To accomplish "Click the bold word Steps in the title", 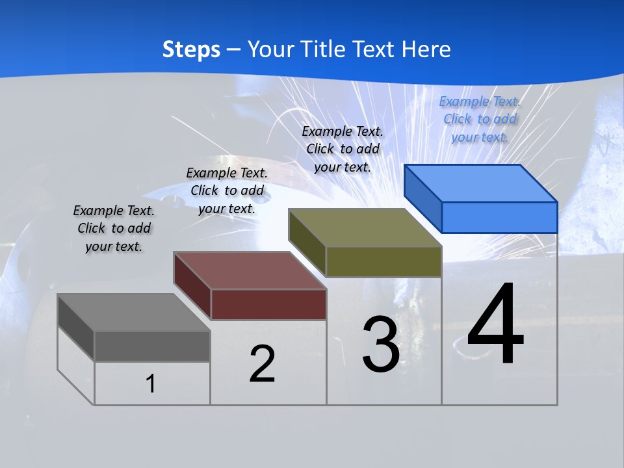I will pos(191,49).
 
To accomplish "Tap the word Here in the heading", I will pos(426,49).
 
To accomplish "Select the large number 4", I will pos(495,325).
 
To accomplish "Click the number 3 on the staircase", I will pos(381,344).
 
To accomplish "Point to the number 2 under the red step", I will pos(262,364).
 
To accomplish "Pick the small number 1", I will pos(151,384).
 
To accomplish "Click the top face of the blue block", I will pos(480,183).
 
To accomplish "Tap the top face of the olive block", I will pos(364,227).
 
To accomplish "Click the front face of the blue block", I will pos(499,217).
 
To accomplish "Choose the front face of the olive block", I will pos(383,262).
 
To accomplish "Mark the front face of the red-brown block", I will pos(268,305).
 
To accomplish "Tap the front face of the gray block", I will pos(152,346).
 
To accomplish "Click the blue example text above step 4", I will pos(480,119).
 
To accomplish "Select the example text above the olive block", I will pos(343,149).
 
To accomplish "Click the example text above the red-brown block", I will pos(227,190).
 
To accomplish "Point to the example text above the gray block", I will pos(114,228).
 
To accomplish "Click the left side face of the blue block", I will pos(423,198).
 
